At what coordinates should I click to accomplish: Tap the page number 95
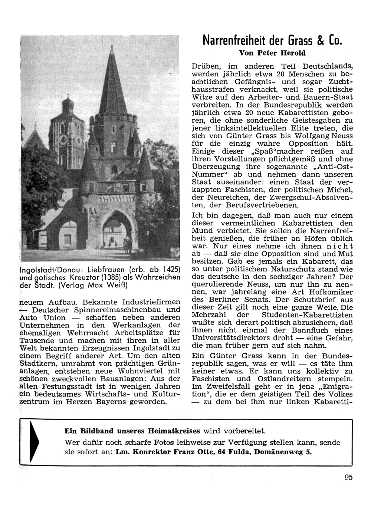348,477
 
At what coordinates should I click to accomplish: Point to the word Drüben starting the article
206,67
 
